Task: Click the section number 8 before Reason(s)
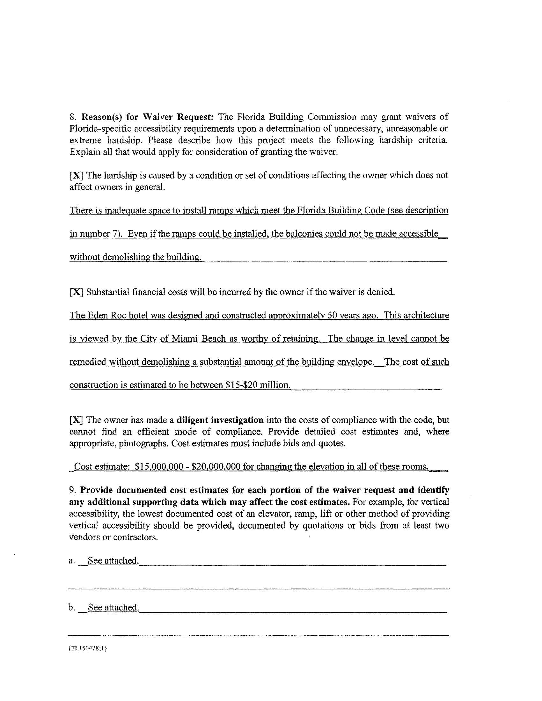(72, 117)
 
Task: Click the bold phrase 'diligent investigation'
(220, 420)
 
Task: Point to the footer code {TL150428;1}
(87, 648)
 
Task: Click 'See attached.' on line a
(114, 560)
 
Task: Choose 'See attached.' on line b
(114, 608)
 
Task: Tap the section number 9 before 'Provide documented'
(72, 490)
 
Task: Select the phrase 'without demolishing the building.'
(135, 257)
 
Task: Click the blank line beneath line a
(259, 588)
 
